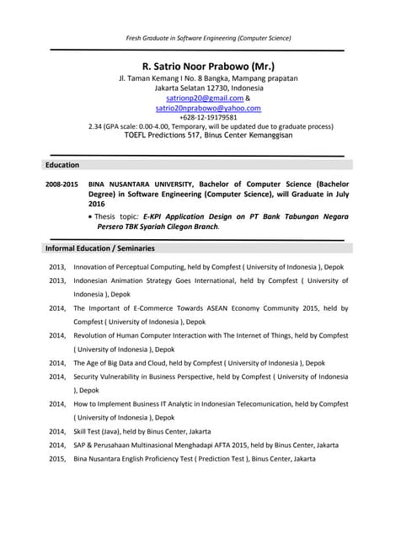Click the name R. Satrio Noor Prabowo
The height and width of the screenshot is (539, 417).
pos(208,66)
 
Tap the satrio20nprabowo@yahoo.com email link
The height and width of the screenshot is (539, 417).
pos(208,108)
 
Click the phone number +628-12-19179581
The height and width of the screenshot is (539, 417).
pos(208,118)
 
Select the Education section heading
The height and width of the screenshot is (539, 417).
pos(62,165)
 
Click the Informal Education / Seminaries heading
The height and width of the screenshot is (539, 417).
pos(99,248)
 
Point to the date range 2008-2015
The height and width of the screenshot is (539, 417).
pos(61,184)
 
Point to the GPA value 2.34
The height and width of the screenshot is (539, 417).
pos(96,127)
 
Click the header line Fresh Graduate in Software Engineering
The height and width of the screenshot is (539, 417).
pos(208,38)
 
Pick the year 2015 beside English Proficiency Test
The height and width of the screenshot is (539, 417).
pos(57,459)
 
